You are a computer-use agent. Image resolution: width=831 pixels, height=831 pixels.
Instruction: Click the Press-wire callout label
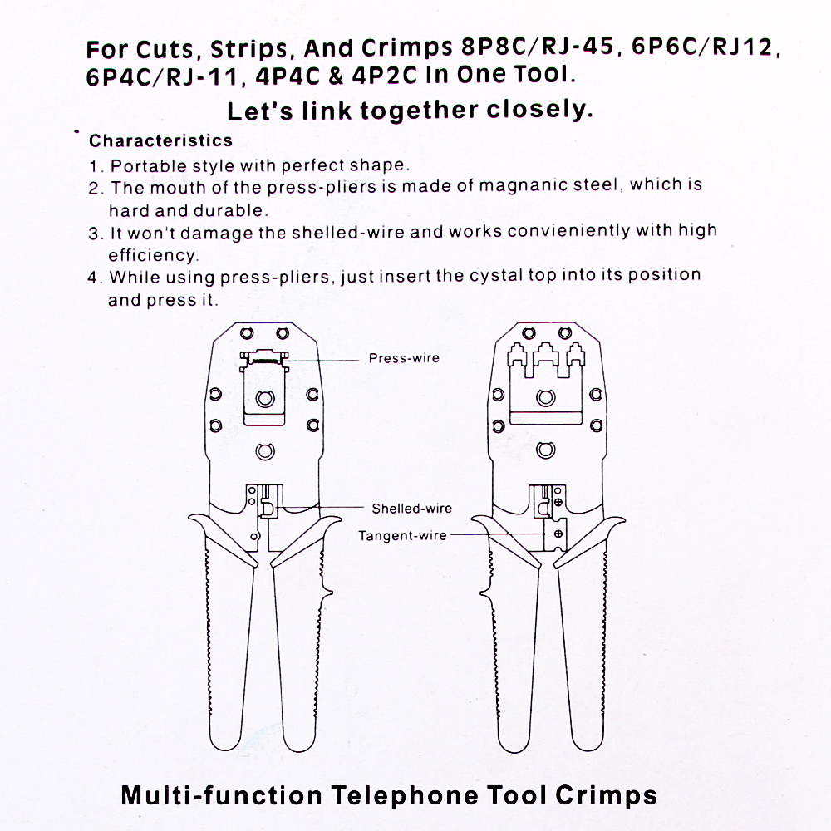pos(404,359)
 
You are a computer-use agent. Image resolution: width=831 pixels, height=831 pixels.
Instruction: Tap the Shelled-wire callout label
pos(411,509)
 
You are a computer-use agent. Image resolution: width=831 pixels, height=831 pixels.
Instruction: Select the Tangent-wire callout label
pos(402,536)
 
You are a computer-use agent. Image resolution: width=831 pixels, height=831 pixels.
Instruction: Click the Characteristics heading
pos(160,140)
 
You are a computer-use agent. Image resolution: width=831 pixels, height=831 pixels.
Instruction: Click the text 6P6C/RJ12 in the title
pos(706,47)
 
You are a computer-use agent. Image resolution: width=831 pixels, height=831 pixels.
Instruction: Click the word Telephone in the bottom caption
pos(405,794)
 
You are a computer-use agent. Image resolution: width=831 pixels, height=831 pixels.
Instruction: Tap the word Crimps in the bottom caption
pos(605,794)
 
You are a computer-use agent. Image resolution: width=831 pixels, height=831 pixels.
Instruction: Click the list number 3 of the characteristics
pos(94,232)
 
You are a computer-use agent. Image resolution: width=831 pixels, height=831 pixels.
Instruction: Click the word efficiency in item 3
pos(153,255)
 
